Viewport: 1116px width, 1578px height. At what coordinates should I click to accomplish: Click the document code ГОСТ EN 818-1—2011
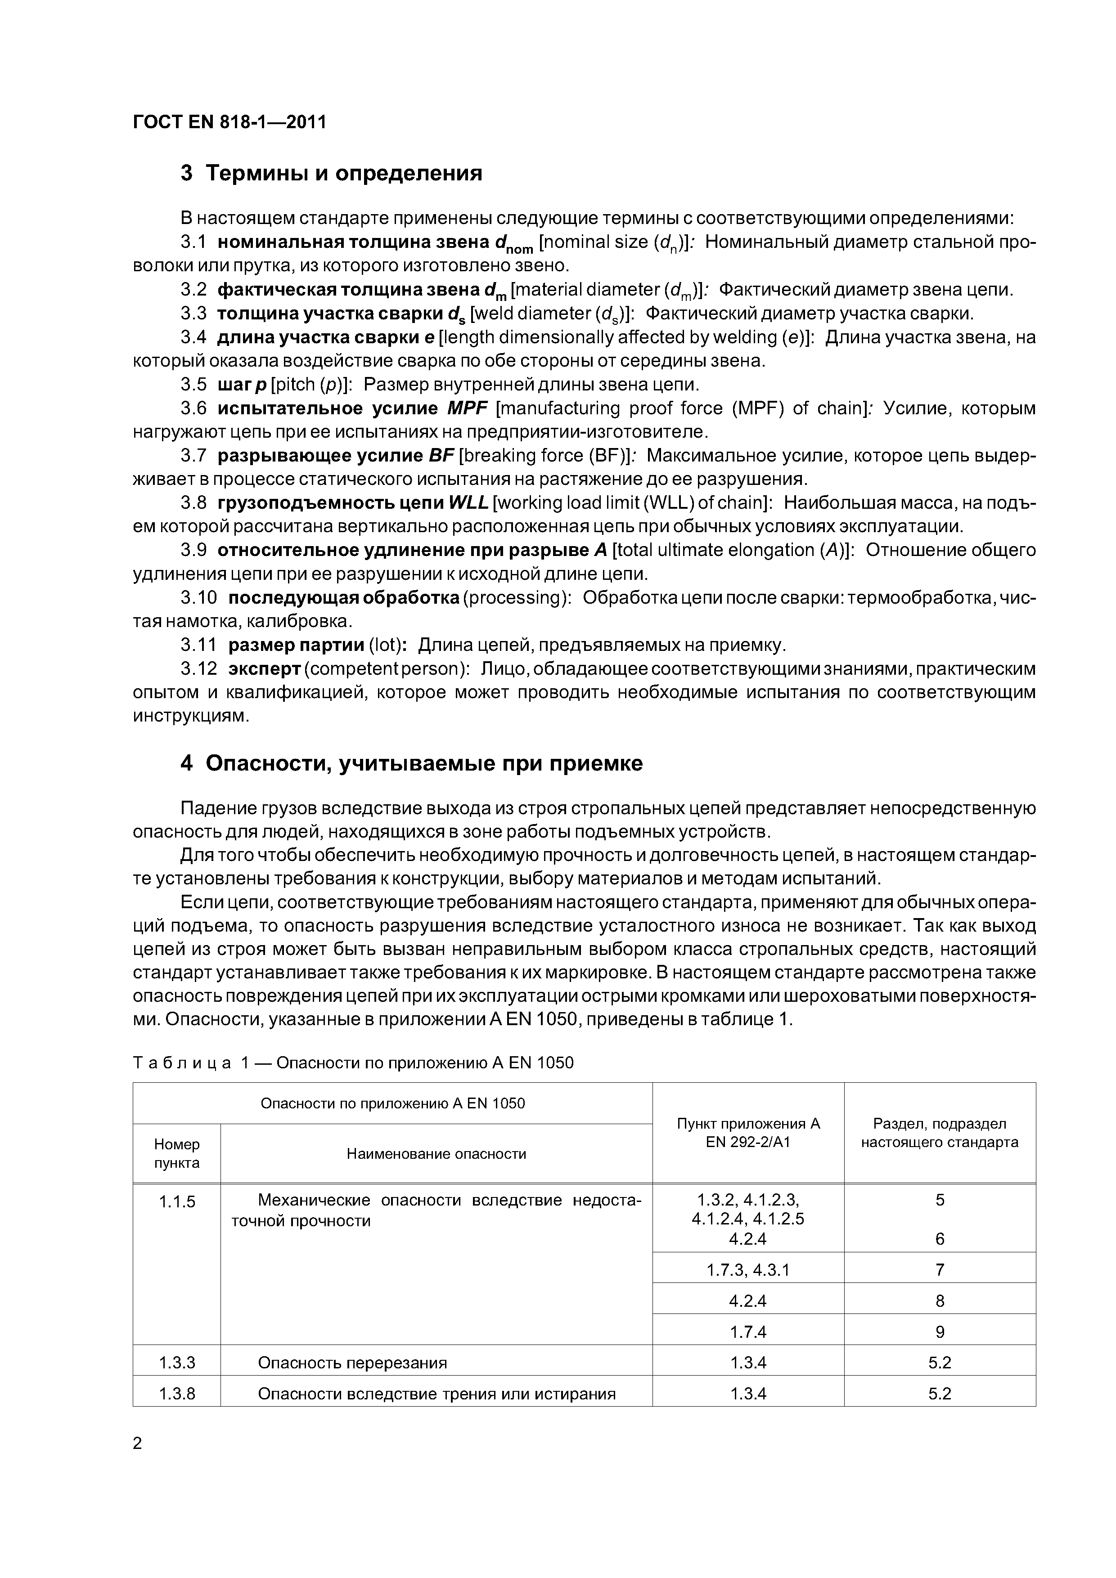click(229, 122)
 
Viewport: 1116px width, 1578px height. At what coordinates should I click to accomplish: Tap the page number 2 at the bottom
click(138, 1444)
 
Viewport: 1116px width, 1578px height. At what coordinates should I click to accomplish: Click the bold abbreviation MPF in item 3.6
click(467, 408)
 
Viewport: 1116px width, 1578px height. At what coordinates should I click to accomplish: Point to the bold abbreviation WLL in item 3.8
click(468, 503)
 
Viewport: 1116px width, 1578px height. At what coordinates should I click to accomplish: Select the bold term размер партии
click(296, 646)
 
